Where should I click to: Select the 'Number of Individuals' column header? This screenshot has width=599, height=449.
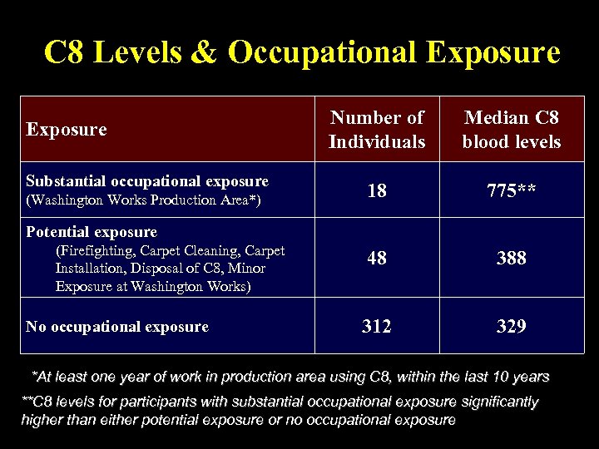[x=376, y=130]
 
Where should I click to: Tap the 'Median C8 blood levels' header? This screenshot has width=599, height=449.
[x=512, y=130]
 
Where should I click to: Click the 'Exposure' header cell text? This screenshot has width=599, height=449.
[x=67, y=130]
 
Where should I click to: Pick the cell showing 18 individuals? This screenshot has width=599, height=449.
[x=376, y=190]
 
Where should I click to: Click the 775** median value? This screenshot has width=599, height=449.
[x=511, y=190]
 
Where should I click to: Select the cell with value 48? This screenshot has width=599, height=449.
[x=376, y=258]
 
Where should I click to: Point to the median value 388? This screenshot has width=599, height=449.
[x=511, y=258]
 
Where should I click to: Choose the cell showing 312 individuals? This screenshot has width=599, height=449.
[x=376, y=327]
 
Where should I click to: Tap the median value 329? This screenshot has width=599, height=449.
[x=511, y=327]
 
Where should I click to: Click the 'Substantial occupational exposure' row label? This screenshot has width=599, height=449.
[x=147, y=181]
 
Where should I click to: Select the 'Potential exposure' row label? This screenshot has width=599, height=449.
[x=92, y=232]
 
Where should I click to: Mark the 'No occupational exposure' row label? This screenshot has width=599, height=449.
[x=117, y=327]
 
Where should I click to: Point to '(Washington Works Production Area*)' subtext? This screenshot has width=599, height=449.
[x=143, y=200]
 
